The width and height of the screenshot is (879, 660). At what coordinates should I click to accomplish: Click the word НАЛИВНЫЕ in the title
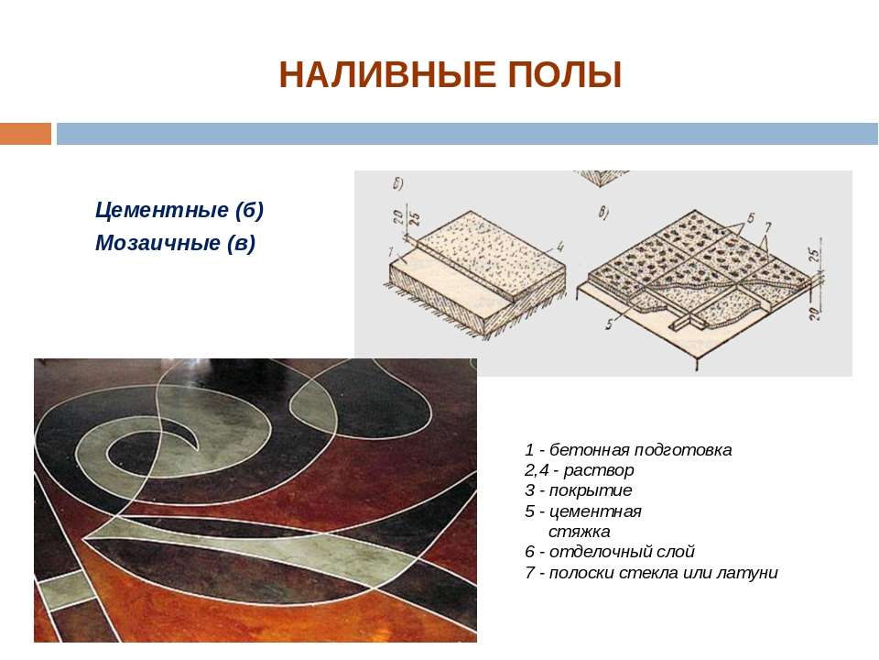point(387,75)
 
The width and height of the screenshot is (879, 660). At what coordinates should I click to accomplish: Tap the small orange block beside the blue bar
point(26,134)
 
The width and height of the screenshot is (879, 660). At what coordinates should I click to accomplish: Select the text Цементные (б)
point(179,210)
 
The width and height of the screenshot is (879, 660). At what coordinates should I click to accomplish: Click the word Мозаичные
point(157,243)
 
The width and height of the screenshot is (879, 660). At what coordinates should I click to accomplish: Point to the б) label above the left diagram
point(398,183)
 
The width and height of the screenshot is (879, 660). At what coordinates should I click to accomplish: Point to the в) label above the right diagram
point(603,213)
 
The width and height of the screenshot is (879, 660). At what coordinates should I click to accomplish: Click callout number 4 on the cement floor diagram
point(559,247)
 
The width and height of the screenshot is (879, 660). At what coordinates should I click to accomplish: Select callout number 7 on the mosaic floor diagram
point(768,226)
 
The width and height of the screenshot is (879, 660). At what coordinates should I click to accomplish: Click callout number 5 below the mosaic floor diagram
point(609,324)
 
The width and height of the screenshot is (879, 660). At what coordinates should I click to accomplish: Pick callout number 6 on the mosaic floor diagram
point(751,218)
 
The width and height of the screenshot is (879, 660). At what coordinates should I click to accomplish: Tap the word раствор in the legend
point(598,470)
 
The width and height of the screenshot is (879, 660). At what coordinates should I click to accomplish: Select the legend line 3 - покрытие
point(578,490)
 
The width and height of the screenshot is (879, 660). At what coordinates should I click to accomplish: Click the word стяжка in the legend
point(579,532)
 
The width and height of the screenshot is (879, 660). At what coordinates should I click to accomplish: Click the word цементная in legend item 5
point(595,511)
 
